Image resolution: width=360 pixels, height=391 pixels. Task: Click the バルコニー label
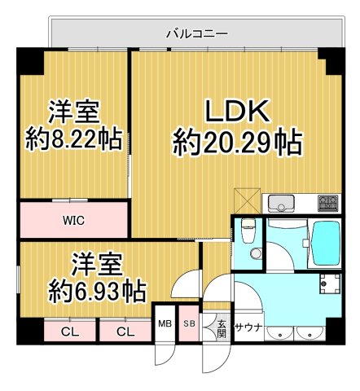point(196,33)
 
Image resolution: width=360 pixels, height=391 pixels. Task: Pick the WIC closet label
point(74,219)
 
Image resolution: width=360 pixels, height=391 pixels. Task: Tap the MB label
point(164,324)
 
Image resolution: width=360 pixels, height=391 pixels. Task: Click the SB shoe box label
point(188,324)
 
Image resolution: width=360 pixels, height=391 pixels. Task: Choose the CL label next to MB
point(125,331)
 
